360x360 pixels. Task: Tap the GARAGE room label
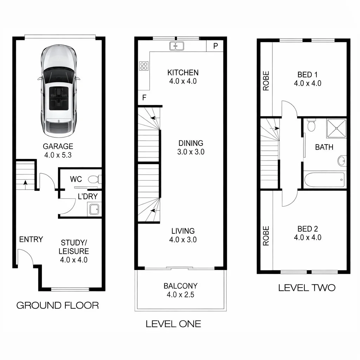coord(58,146)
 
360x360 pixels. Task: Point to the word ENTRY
coord(31,239)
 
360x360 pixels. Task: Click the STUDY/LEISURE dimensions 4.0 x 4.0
coord(73,260)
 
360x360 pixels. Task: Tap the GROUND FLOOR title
coord(58,305)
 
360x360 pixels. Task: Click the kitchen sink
coord(177,46)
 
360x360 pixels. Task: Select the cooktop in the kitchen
coord(144,66)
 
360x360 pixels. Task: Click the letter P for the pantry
coord(216,46)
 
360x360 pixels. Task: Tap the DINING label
coord(191,143)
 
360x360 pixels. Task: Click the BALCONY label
coord(180,286)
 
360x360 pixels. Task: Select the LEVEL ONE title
coord(173,324)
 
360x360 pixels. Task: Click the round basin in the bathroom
coord(342,161)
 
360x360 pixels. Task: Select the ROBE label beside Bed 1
coord(266,81)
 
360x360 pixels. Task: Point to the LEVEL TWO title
coord(307,288)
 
